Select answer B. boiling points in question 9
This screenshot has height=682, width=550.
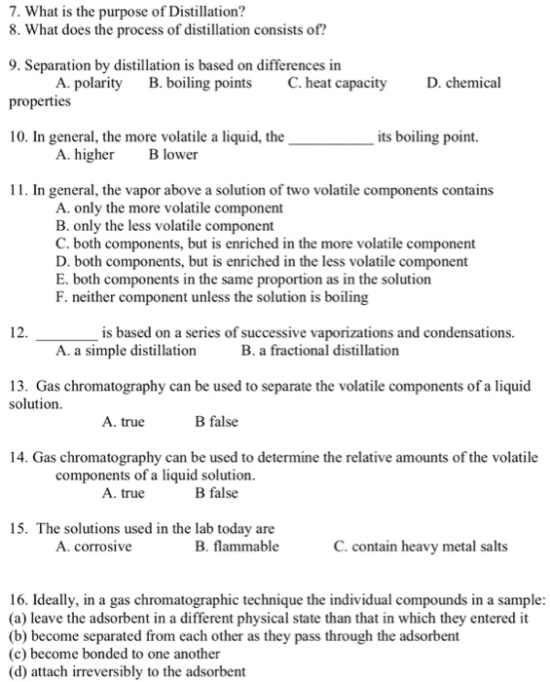[201, 83]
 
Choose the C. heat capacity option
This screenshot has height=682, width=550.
[337, 83]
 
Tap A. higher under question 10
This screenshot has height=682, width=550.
[86, 154]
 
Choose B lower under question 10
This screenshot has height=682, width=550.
[173, 154]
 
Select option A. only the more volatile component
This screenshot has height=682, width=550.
[170, 208]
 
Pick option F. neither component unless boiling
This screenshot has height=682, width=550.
[222, 295]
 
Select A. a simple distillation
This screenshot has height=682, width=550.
[127, 350]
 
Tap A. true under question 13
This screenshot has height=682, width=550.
[123, 421]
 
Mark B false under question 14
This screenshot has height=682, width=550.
[216, 493]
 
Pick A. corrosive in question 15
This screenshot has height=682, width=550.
[94, 546]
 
